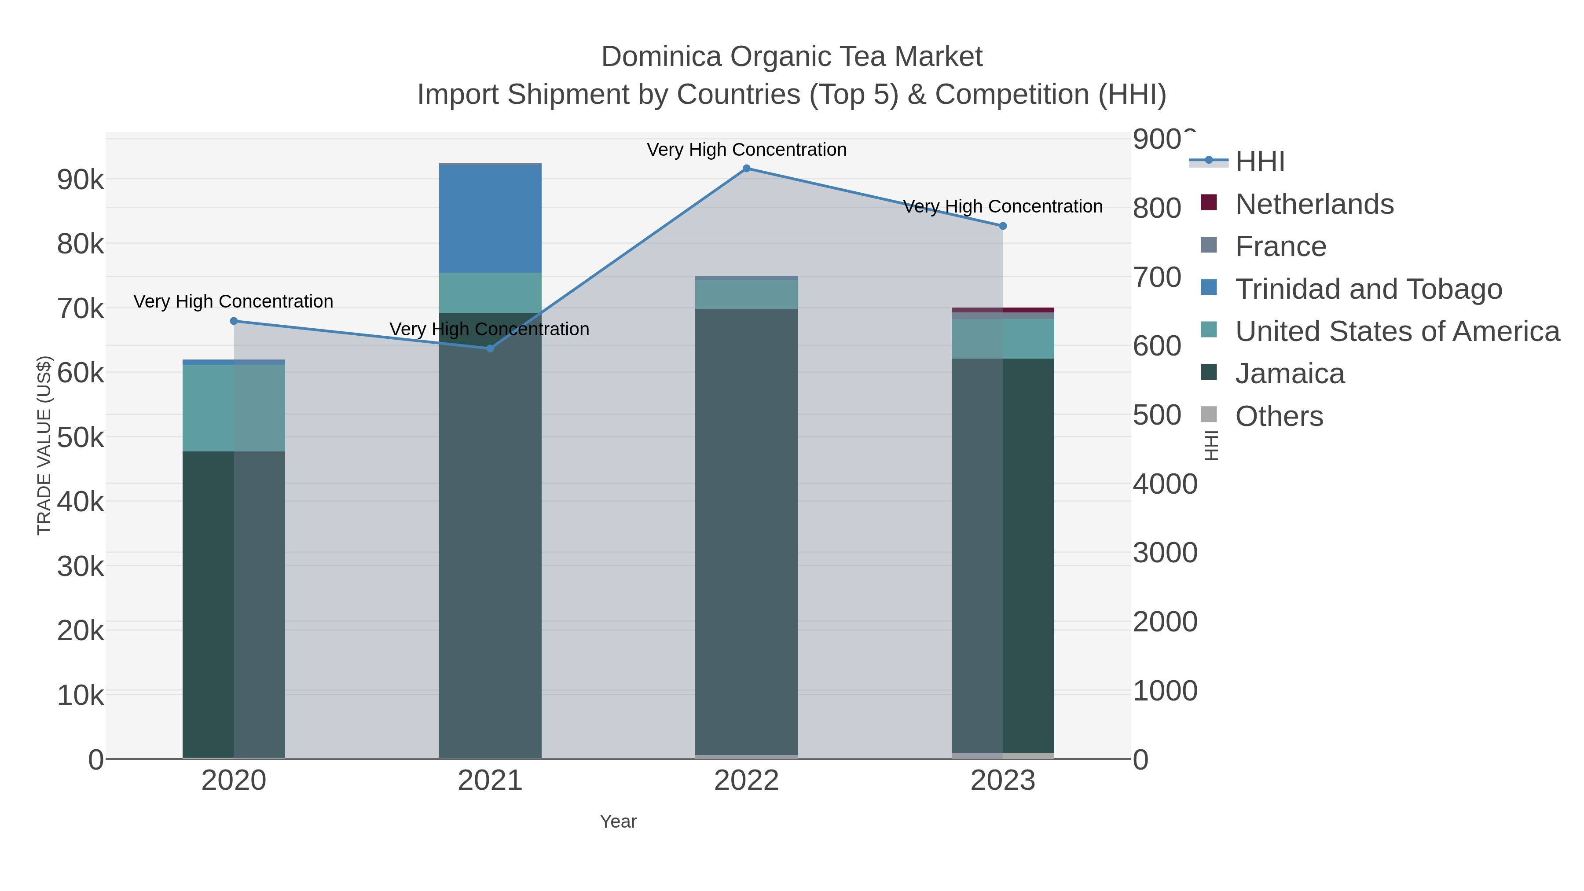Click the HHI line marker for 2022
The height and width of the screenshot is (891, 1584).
(747, 169)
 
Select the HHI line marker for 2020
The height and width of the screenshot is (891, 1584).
(234, 321)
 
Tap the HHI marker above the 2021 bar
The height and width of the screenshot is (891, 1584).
(490, 348)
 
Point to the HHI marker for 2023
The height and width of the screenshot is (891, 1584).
(1003, 226)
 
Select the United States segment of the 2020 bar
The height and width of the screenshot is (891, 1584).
(234, 408)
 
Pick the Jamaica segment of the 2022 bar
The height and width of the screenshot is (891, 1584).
(747, 529)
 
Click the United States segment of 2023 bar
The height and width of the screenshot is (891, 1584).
(1003, 338)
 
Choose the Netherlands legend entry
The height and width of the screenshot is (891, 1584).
(1314, 204)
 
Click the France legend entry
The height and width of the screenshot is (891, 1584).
(1280, 246)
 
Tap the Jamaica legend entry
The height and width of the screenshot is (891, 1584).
(1290, 374)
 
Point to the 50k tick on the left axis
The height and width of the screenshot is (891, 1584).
(81, 438)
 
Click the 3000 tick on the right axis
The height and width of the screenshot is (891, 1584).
(1165, 553)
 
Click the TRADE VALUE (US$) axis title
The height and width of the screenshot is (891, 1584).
(44, 445)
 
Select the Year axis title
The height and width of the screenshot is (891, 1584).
(618, 821)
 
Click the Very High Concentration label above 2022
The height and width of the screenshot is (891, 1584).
(747, 150)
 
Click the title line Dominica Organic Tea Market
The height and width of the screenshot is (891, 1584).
(792, 57)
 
